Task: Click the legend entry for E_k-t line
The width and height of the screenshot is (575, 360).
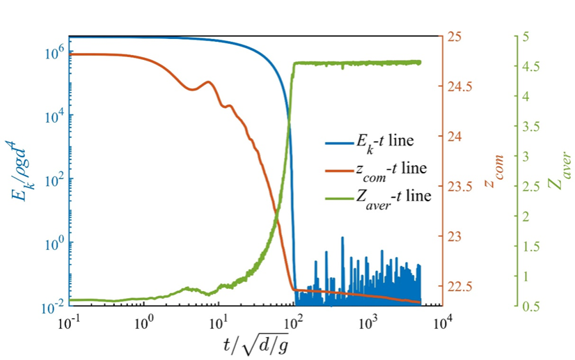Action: (x=369, y=142)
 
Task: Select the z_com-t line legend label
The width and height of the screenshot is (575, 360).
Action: (x=376, y=170)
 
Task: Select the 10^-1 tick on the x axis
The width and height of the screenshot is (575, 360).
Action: (x=70, y=323)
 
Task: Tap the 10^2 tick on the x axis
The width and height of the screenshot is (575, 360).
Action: (x=292, y=323)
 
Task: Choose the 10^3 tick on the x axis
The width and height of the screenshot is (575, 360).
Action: (x=367, y=323)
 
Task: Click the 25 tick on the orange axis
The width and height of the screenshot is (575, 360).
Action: (x=454, y=37)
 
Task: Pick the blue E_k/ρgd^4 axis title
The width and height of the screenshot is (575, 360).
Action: (x=16, y=170)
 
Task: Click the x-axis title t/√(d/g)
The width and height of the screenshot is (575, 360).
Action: (x=256, y=345)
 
